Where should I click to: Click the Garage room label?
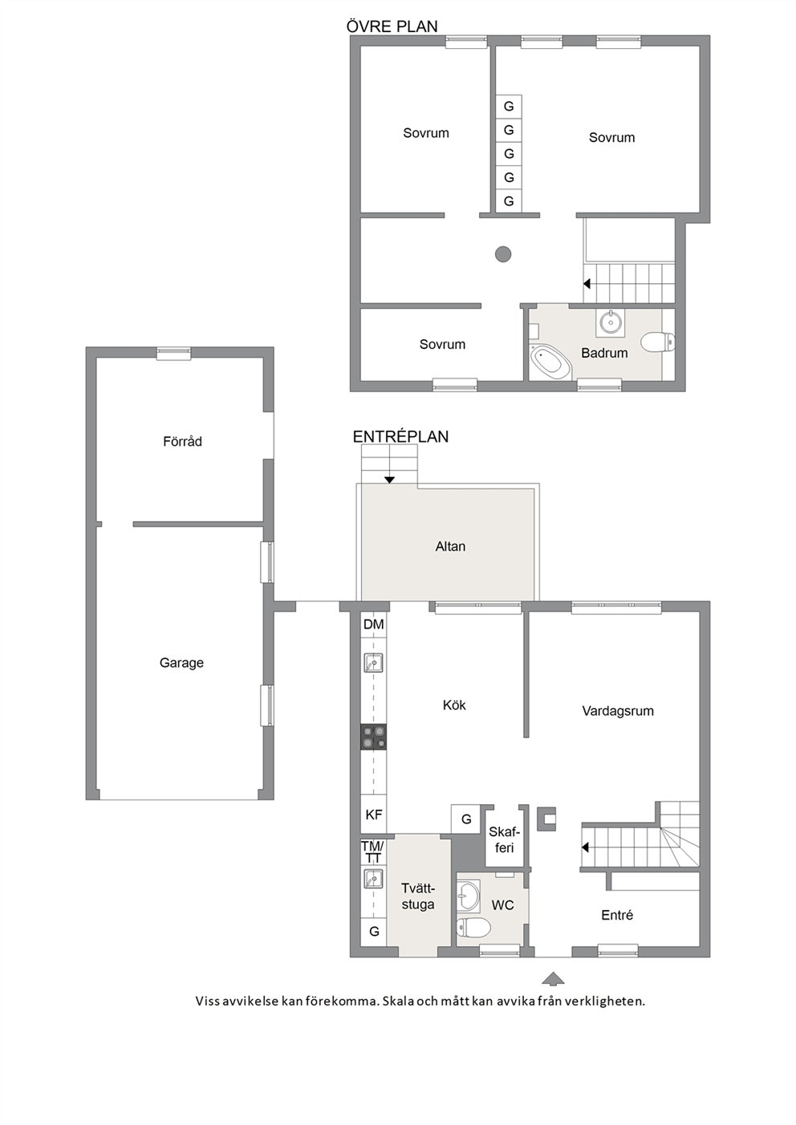click(181, 663)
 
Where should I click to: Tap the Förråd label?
click(182, 442)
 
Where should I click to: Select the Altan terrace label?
click(450, 546)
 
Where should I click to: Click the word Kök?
click(454, 705)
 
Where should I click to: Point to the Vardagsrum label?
click(618, 711)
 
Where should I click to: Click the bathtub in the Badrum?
click(551, 362)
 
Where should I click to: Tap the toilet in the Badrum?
click(658, 342)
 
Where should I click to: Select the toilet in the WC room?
click(473, 927)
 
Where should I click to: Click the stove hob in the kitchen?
click(373, 737)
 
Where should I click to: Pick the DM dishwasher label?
click(373, 625)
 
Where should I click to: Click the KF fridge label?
click(373, 815)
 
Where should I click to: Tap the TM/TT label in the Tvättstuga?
click(372, 852)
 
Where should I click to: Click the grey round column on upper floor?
click(503, 254)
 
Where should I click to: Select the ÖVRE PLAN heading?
click(392, 26)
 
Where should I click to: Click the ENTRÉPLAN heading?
click(400, 436)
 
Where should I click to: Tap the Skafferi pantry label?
click(504, 840)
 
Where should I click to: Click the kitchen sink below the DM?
click(373, 662)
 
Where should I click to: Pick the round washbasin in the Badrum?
click(610, 322)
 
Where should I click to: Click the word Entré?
click(617, 915)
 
